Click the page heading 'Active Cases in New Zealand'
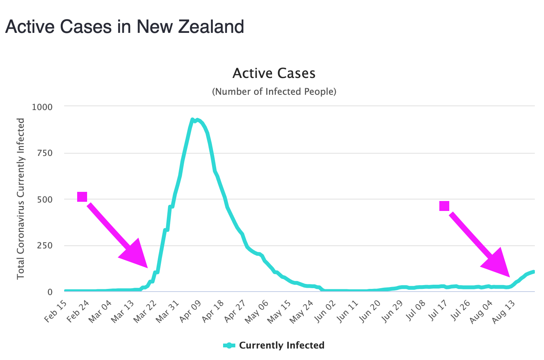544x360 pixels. (x=125, y=27)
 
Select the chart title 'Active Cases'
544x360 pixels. (x=274, y=73)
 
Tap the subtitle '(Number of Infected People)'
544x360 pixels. (x=274, y=92)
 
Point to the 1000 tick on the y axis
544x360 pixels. (x=42, y=107)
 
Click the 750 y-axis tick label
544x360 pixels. (x=45, y=153)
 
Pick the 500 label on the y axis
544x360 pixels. (x=45, y=199)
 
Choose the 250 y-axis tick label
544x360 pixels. (x=45, y=246)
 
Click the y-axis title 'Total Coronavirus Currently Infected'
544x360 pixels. (x=21, y=199)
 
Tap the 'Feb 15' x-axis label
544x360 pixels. (x=57, y=311)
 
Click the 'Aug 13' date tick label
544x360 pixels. (x=504, y=311)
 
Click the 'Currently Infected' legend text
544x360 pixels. (x=282, y=345)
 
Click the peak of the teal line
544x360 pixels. (x=193, y=120)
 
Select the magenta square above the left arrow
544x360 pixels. (x=82, y=197)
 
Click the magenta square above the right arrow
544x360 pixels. (x=444, y=206)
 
